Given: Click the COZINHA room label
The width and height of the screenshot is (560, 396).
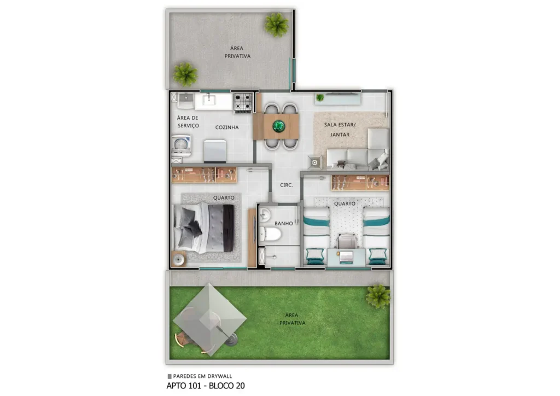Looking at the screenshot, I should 227,127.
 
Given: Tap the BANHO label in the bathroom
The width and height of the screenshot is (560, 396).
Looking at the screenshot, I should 283,223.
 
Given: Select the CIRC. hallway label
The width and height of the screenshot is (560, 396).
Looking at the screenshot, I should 286,185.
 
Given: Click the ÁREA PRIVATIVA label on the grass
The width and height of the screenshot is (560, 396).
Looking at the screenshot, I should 291,319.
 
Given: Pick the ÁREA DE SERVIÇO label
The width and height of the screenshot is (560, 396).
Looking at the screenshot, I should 188,122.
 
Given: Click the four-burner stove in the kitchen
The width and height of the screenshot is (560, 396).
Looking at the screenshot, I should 243,102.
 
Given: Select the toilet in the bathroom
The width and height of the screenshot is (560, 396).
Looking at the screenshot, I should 271,235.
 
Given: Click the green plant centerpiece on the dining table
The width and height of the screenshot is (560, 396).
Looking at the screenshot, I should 279,126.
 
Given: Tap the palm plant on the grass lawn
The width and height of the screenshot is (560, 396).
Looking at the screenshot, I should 378,296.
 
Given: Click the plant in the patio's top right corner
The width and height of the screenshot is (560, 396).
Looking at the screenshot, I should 277,24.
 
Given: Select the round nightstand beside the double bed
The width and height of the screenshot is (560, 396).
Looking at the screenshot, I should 178,259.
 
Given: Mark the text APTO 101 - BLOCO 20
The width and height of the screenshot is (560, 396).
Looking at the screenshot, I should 206,386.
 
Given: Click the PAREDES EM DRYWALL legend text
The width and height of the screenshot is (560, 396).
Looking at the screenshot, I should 200,376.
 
